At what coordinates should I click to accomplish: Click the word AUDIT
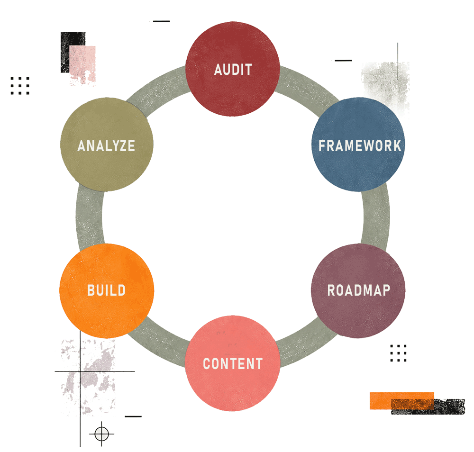[233, 70]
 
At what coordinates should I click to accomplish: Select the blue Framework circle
[358, 145]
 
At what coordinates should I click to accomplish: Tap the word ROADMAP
[359, 290]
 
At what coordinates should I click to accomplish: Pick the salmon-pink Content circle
[232, 363]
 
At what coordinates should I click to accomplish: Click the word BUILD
[106, 290]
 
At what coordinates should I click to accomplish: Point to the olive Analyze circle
[107, 145]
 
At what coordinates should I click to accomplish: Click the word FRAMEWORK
[360, 145]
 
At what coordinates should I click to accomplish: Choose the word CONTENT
[233, 363]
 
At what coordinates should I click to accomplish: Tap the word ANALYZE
[106, 145]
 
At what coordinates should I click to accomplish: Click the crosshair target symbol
[101, 434]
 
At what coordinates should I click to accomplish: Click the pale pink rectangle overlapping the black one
[82, 64]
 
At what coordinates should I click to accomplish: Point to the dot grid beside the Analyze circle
[20, 86]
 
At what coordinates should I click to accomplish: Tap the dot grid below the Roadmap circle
[399, 353]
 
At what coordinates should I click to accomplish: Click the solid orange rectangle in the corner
[402, 401]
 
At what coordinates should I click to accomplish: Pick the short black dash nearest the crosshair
[133, 416]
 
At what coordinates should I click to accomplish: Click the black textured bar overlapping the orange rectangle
[428, 407]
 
